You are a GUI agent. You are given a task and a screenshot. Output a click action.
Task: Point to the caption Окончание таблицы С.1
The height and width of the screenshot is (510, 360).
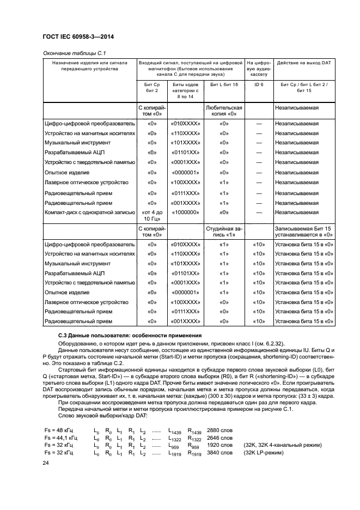coord(70,53)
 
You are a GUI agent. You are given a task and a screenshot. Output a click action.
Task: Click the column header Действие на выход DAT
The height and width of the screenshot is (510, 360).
coord(304,63)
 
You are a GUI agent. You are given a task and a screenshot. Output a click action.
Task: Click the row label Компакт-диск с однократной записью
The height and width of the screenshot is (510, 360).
coord(89,212)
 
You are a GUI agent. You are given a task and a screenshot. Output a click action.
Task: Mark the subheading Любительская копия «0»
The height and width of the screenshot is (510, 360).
coord(223,111)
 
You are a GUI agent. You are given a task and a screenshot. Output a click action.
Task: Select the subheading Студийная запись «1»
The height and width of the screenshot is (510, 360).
coord(223,231)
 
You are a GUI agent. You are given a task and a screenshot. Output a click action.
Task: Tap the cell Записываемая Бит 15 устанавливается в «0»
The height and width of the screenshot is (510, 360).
coord(304,231)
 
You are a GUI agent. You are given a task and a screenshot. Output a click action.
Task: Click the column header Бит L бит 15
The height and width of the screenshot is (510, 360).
coord(223,86)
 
